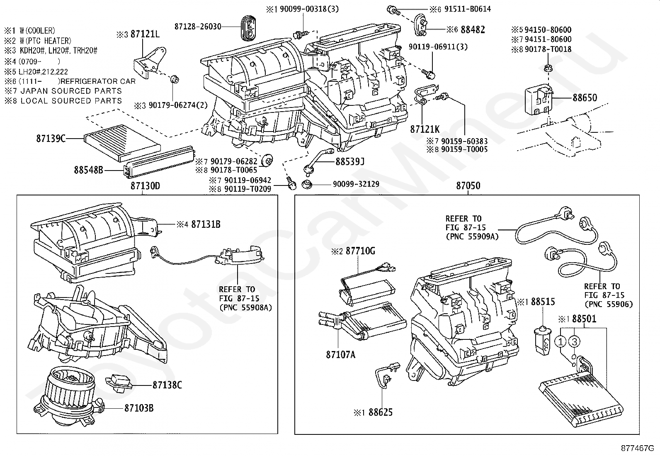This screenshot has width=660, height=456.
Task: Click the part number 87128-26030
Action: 198,27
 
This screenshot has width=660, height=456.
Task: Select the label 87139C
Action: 51,138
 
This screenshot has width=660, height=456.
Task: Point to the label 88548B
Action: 88,170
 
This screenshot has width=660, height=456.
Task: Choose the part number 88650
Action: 585,98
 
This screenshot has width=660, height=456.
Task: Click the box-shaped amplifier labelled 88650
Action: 538,100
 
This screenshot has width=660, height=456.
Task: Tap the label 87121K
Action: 425,129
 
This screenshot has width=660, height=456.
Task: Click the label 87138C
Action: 167,385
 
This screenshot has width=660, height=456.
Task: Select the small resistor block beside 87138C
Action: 119,383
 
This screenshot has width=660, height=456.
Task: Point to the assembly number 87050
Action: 468,185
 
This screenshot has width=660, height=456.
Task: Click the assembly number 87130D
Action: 145,186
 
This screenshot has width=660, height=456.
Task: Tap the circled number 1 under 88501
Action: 560,341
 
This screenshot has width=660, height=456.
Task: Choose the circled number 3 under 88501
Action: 574,341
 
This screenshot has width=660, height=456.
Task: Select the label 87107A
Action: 341,354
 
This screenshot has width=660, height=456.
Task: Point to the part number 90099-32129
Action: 356,184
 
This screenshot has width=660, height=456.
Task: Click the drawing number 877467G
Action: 637,448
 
